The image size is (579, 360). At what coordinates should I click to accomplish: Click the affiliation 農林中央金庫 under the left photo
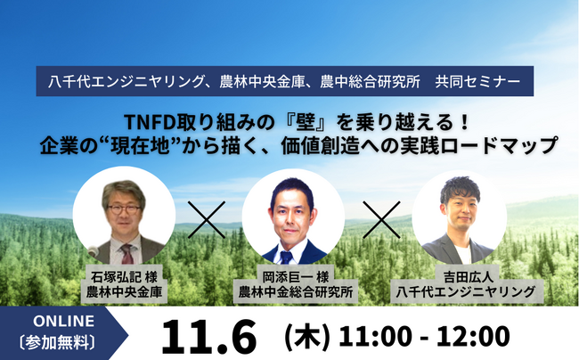(124, 290)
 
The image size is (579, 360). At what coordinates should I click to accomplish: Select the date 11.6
(209, 337)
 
